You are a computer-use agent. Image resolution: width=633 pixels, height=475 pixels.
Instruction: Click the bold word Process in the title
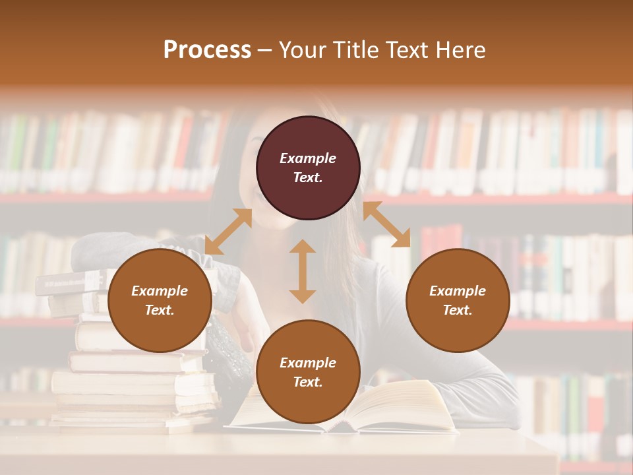coord(207,50)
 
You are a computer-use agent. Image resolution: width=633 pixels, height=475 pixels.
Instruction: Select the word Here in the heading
coord(462,50)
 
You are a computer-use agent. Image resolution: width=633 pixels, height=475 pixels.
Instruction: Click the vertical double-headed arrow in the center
coord(303,271)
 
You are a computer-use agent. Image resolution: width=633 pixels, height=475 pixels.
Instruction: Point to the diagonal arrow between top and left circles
coord(228,232)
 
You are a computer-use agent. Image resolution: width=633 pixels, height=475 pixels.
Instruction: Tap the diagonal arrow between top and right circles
coord(386,225)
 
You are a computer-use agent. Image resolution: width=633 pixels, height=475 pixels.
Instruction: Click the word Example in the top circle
coord(308,158)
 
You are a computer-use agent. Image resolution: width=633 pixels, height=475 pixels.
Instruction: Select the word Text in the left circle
coord(159,310)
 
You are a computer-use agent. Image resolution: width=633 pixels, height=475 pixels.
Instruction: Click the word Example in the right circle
coord(458,291)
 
